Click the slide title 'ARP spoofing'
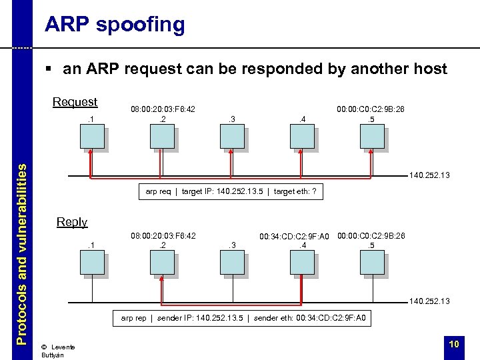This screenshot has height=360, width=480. click(x=114, y=25)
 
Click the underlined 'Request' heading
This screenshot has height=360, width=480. click(x=75, y=102)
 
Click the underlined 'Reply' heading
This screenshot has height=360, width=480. click(x=72, y=222)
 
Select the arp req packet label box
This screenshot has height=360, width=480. click(x=231, y=192)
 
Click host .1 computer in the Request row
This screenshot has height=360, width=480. click(x=92, y=137)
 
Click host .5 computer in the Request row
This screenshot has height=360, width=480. click(x=372, y=137)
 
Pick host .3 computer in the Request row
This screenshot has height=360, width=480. click(x=232, y=137)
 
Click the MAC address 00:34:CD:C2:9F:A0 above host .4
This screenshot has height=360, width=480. click(x=294, y=237)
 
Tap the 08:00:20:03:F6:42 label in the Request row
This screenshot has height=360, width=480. click(x=163, y=109)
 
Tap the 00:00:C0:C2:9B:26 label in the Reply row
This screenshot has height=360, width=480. click(x=371, y=235)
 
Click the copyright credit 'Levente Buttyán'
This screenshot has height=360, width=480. click(x=57, y=351)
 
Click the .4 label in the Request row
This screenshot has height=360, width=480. click(x=302, y=119)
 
